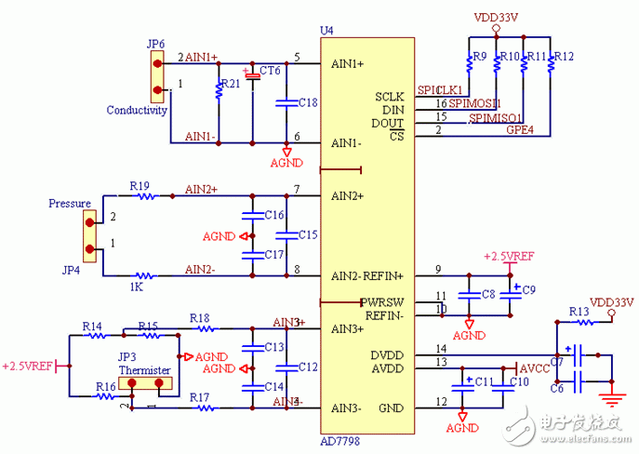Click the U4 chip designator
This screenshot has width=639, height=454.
[x=326, y=31]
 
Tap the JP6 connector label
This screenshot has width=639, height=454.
[x=155, y=44]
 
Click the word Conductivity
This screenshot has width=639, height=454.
[x=136, y=110]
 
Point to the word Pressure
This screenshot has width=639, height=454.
[x=70, y=203]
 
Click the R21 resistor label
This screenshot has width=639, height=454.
[x=231, y=83]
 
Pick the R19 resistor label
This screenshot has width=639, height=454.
[x=140, y=185]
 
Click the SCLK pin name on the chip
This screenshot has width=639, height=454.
[x=390, y=96]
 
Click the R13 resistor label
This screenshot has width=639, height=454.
[x=579, y=312]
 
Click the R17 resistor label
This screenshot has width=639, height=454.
[x=200, y=397]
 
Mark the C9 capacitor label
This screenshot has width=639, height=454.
[x=528, y=290]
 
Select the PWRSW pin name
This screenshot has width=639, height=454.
[x=383, y=302]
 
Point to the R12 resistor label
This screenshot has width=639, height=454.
[x=564, y=57]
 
